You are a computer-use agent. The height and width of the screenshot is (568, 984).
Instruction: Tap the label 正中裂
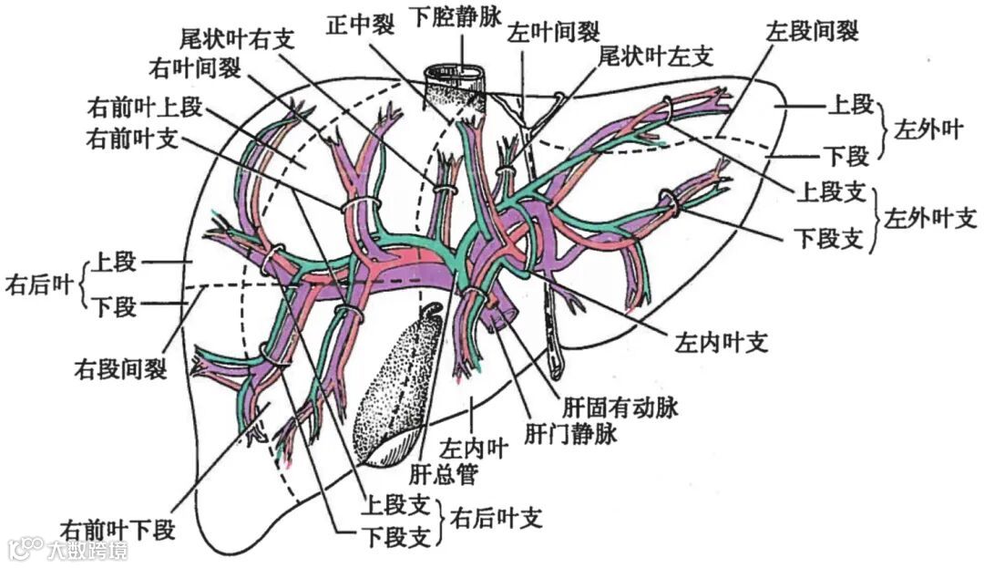[x=361, y=25]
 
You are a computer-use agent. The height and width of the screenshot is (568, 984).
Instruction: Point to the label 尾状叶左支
[x=654, y=57]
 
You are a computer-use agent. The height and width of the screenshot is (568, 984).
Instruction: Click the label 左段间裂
[x=812, y=30]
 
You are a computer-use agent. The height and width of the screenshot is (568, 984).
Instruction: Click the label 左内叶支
[x=722, y=343]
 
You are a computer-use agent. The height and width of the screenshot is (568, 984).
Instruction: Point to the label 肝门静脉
[x=571, y=433]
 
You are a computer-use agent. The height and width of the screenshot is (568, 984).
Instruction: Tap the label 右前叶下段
[x=118, y=528]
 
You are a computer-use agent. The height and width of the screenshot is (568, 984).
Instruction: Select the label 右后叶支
[x=497, y=519]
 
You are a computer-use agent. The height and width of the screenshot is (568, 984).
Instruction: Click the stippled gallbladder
[x=396, y=387]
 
